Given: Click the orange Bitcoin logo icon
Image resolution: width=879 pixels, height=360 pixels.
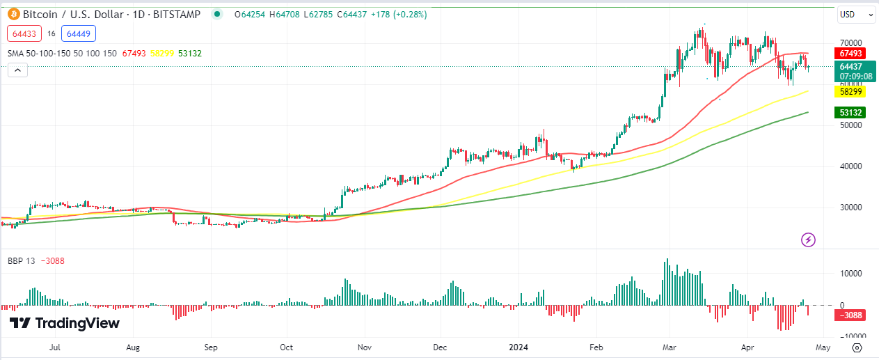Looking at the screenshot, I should (x=13, y=14).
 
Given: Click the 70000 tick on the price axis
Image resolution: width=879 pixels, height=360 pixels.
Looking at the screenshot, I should (x=850, y=43).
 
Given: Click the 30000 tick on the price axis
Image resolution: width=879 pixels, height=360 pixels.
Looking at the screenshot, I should (x=850, y=208).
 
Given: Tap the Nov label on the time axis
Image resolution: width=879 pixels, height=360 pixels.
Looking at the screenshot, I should (x=363, y=346).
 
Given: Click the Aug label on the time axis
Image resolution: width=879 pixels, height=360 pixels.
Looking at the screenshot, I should (x=134, y=346).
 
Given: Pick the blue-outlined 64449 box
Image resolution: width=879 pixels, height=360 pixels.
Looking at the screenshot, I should (x=78, y=33).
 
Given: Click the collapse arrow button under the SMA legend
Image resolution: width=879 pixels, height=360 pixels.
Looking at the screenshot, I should (x=18, y=70).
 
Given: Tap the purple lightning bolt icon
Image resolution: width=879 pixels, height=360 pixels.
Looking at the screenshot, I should (x=808, y=240).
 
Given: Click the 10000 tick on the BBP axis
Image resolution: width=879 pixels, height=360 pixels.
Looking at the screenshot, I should (x=850, y=274).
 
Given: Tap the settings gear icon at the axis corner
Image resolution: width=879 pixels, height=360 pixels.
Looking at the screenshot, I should (x=857, y=347).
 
